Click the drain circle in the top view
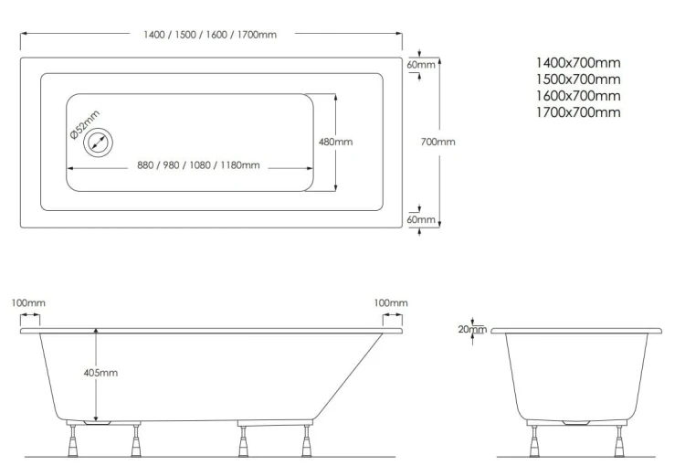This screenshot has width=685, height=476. click(x=98, y=143)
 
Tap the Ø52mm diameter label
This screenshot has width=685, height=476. click(x=85, y=124)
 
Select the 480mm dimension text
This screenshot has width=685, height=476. click(x=335, y=142)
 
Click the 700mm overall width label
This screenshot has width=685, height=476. click(x=437, y=142)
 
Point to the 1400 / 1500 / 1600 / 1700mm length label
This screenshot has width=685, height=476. click(x=210, y=35)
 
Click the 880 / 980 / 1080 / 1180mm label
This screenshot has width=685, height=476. click(x=198, y=165)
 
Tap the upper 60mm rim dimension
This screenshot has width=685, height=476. click(x=421, y=65)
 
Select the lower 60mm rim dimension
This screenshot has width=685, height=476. click(x=421, y=219)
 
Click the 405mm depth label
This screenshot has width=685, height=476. click(x=100, y=373)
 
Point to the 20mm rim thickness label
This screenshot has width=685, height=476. click(x=472, y=330)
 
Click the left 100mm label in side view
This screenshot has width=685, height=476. click(x=28, y=303)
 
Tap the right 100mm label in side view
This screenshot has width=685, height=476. click(x=391, y=303)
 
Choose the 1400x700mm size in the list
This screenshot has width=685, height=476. click(x=578, y=63)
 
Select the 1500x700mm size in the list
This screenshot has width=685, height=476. click(x=578, y=79)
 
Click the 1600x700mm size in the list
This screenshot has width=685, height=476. click(x=578, y=96)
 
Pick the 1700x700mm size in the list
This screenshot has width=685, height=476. click(x=578, y=112)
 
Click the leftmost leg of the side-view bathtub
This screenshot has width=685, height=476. click(x=73, y=440)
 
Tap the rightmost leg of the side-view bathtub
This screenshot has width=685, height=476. click(x=307, y=440)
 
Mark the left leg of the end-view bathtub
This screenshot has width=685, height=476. click(x=534, y=441)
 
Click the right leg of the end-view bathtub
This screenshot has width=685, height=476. click(x=619, y=441)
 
